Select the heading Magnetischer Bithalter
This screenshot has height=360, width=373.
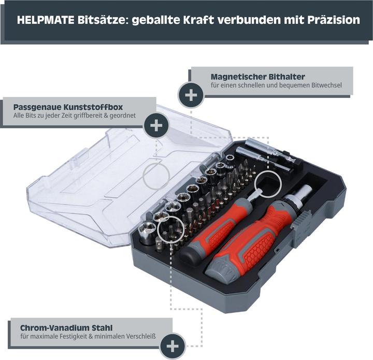click(257, 77)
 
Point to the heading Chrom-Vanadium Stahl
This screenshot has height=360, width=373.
click(66, 328)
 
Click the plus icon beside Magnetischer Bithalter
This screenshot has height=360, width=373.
click(191, 95)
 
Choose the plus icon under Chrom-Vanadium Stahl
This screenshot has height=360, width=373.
click(173, 346)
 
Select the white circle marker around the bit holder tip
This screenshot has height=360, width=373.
click(267, 183)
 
